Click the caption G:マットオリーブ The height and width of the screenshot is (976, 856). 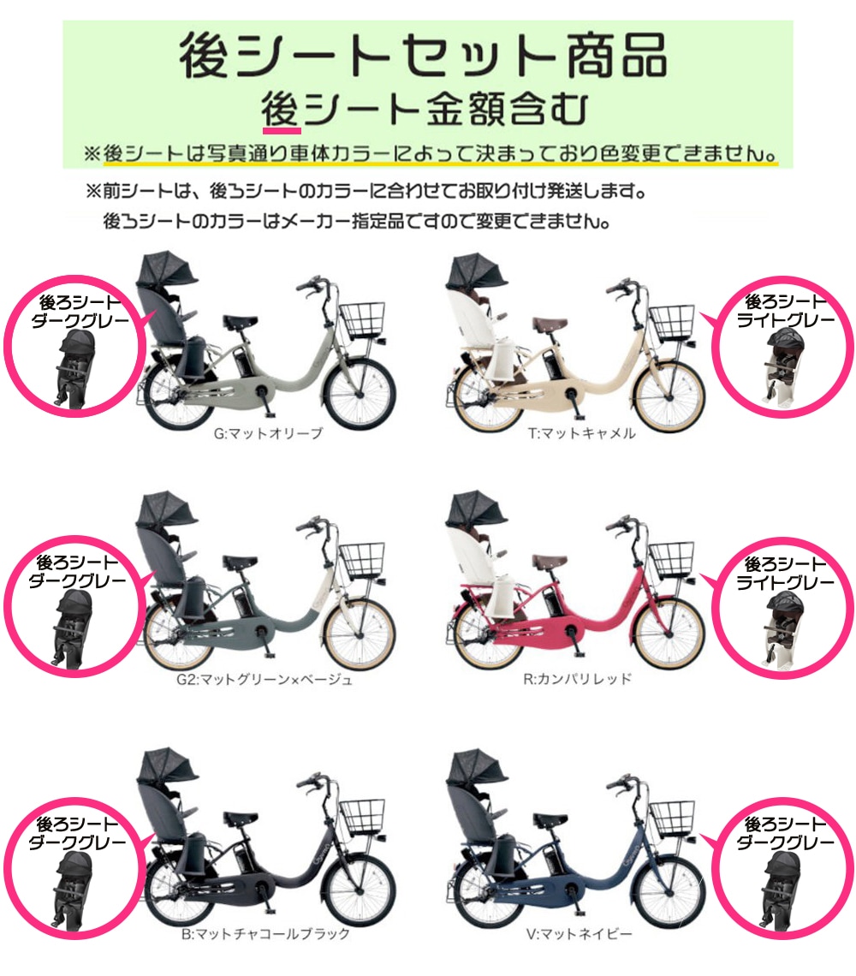[x=268, y=433]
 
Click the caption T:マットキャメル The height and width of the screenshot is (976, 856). [x=581, y=433]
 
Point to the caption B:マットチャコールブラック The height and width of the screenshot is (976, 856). [x=265, y=934]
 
